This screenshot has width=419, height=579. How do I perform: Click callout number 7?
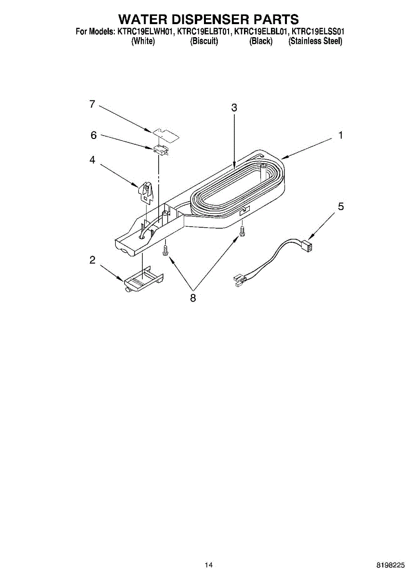coord(92,104)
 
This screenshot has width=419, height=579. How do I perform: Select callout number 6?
coord(94,136)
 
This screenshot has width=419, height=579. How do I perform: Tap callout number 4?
coord(92,160)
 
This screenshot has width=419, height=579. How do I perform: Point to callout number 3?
coord(234,108)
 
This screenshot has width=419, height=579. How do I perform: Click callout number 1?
coord(340,136)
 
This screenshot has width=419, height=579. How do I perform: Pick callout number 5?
coord(341,207)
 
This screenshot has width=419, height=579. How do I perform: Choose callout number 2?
coord(92,261)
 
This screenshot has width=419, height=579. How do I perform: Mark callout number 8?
coord(193,298)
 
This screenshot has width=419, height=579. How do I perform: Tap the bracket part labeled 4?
coord(146,192)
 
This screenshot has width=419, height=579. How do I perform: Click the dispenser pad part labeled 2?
coord(143,281)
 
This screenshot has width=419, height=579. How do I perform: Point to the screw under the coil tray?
coord(243,232)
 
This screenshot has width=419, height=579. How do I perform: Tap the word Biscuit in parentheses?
coord(204,41)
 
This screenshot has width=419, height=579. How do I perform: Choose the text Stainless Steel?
coord(315,41)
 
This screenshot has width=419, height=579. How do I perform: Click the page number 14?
coord(209,565)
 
